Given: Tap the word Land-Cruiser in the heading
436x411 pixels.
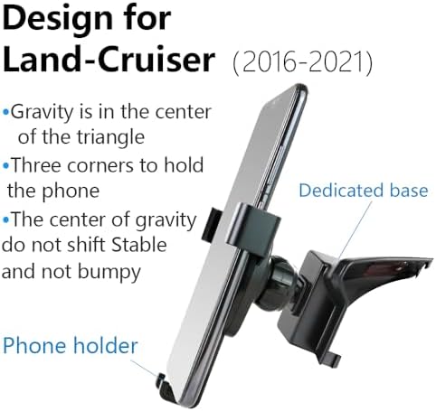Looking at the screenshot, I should click(x=109, y=59).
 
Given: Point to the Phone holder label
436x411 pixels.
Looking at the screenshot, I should click(x=70, y=345).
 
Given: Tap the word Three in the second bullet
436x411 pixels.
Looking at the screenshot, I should click(x=35, y=165).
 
